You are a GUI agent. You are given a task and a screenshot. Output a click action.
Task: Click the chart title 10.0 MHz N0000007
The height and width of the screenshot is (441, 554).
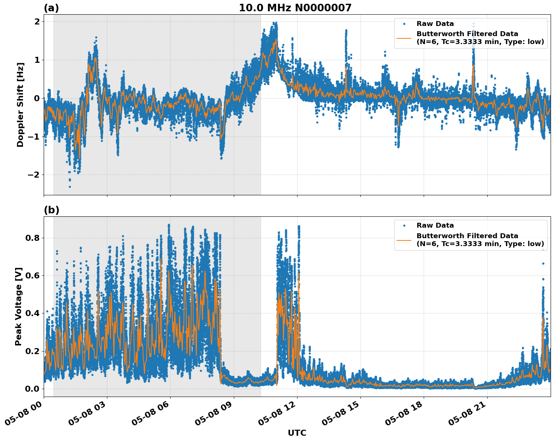[x=295, y=8]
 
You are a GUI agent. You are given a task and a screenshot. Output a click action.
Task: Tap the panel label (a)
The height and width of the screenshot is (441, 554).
[x=51, y=8]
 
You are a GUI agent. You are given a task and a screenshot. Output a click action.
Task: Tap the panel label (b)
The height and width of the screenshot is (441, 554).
[x=51, y=210]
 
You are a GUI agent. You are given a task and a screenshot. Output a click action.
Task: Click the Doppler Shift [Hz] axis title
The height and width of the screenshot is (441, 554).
[x=20, y=105]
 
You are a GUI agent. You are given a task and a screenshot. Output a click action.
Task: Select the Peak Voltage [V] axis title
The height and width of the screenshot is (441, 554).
[x=18, y=306]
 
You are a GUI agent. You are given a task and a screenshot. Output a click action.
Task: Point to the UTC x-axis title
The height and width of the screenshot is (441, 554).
[x=297, y=433]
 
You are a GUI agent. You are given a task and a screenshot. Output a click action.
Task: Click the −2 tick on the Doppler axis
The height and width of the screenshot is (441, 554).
[x=34, y=175]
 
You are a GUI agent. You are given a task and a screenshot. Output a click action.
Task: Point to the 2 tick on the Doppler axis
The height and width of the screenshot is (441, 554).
[x=37, y=22]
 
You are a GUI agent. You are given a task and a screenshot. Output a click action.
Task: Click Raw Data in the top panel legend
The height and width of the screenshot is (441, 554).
[x=435, y=24]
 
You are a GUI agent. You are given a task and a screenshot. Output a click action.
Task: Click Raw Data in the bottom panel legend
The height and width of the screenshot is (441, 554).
[x=435, y=225]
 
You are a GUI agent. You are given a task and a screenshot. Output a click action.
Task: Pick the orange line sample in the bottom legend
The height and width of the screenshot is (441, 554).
[x=404, y=240]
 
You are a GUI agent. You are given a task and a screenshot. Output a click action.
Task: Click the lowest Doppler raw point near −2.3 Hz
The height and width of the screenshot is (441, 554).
[x=70, y=187]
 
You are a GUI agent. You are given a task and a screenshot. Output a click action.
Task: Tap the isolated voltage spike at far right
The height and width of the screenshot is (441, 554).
[x=543, y=249]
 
